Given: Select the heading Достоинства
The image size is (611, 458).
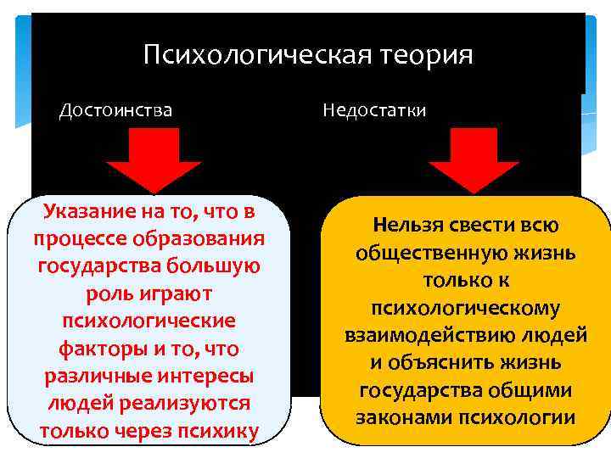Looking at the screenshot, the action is (115, 110).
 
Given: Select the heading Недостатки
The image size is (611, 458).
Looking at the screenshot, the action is (374, 110).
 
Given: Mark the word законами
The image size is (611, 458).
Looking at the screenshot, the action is (404, 417).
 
